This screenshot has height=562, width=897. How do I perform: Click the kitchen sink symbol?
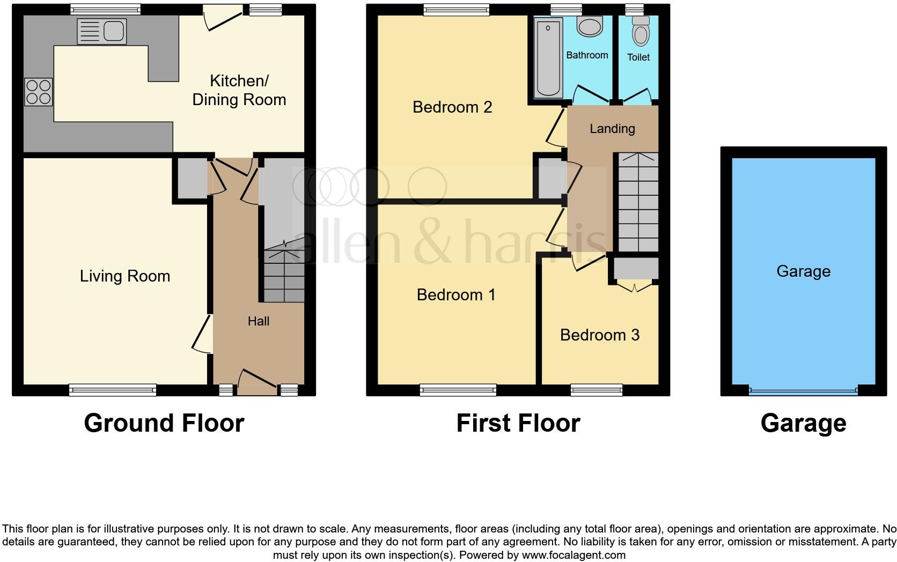101,31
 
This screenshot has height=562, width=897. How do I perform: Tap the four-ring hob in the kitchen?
38,92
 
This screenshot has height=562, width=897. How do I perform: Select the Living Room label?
125,276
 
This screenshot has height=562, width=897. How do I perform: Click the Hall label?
259,321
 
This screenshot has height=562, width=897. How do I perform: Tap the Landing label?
612,129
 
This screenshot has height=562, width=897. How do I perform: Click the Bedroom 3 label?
600,335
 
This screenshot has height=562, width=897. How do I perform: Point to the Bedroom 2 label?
452,107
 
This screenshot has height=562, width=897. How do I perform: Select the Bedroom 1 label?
456,295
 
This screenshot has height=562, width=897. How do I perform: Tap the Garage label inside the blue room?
803,271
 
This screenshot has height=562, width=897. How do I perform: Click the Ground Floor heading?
164,423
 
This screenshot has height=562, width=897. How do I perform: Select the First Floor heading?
518,423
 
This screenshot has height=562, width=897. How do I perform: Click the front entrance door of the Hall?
258,382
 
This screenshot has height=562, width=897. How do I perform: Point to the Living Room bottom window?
113,390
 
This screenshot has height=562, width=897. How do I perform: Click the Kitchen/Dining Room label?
239,90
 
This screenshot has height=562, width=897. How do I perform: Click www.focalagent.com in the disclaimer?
575,555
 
